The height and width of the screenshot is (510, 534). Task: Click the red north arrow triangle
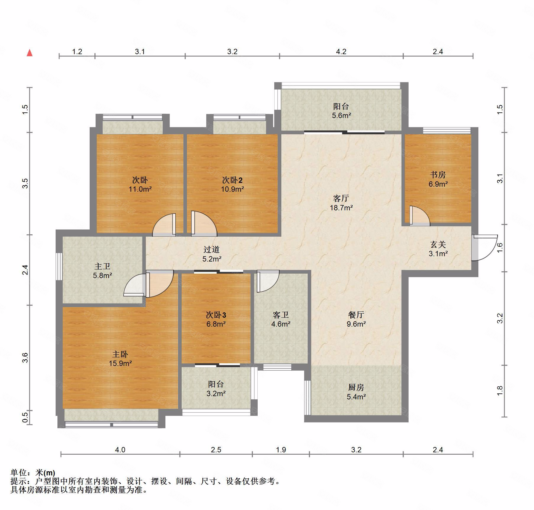(x=30, y=53)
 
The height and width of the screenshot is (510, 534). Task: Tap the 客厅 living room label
(x=341, y=198)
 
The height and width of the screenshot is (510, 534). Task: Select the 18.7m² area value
(x=341, y=208)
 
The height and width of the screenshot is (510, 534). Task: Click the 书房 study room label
(x=438, y=175)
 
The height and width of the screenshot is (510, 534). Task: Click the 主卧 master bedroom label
(x=120, y=354)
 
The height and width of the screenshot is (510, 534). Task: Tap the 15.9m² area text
(x=120, y=363)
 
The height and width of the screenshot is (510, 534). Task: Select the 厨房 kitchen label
(x=356, y=387)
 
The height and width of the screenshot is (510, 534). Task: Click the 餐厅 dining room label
(x=356, y=315)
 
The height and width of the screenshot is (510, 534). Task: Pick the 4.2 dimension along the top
(x=341, y=52)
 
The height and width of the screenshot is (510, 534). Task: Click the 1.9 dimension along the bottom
(x=281, y=450)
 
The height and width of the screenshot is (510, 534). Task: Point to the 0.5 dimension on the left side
(x=25, y=418)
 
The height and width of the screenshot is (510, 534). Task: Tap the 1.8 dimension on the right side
(x=500, y=391)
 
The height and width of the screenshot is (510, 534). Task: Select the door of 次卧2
(x=204, y=223)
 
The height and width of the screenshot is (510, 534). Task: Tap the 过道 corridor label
(x=212, y=250)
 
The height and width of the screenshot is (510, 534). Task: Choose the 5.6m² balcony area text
(x=341, y=116)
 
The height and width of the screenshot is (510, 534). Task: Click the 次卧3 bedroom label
(x=216, y=315)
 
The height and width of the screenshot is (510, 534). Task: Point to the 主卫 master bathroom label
(x=102, y=267)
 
